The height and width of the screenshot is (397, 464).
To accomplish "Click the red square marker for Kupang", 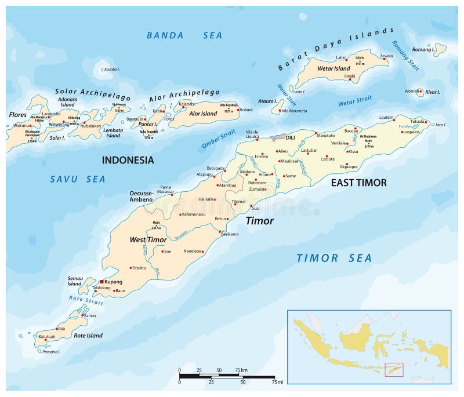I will pos(101,281).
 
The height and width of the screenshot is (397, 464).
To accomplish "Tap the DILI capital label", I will pos(291,137).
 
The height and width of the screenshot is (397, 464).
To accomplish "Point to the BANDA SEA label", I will pos(184,35).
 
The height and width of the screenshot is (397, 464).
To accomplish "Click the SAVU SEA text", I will pos(77,180).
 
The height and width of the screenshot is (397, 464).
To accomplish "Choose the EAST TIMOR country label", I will pos(358,183).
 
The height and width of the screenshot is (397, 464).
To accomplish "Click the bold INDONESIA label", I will pos(128,160).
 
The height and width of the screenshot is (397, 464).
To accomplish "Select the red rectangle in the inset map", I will pos(393,369).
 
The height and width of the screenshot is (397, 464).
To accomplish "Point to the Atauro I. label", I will pos(267,101).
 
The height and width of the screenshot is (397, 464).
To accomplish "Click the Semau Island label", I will pos(74,281).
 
